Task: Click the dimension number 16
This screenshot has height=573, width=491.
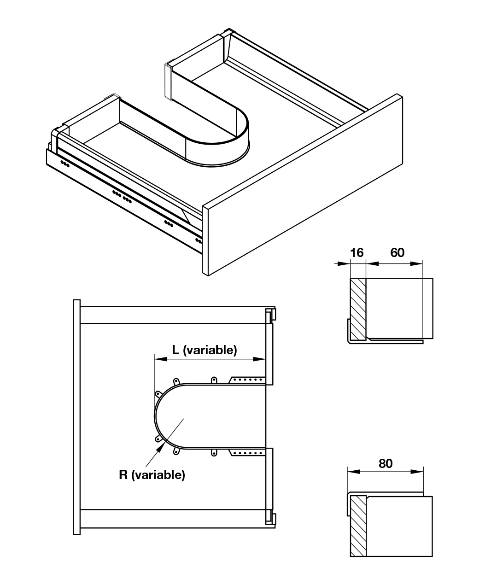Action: coord(357,252)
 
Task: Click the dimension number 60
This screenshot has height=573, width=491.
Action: coord(397,252)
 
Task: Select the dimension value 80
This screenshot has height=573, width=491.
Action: coord(386,463)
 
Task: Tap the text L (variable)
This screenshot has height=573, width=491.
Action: coord(205,350)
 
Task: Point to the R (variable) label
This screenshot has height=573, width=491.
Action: coord(152,474)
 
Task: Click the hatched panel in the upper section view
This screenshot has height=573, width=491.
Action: coord(358,309)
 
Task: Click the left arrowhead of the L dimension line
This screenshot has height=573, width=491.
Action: coord(161,359)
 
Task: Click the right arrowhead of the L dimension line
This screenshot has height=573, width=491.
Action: coord(259,359)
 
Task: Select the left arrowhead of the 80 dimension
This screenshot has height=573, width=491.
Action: coord(354,472)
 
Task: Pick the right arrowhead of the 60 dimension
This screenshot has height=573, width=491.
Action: coord(416,263)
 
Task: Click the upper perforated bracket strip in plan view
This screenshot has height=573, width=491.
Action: coord(247,380)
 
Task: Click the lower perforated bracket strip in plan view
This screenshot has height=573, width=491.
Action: coord(247,453)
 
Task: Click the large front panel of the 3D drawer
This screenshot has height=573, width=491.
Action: coord(303,185)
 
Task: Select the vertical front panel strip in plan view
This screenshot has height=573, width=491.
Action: coord(77,417)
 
